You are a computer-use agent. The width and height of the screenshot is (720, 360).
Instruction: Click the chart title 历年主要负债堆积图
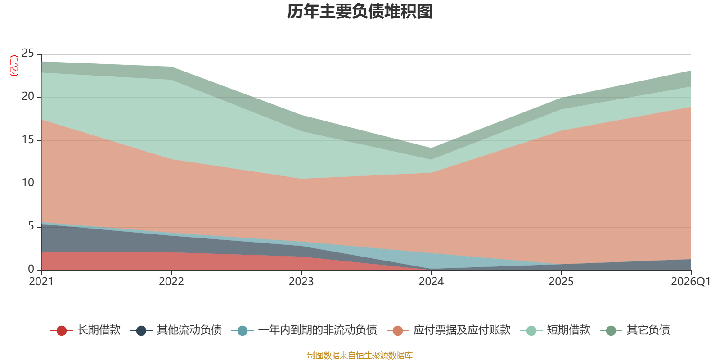coord(360,12)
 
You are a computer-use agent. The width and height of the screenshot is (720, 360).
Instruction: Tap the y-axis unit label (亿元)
coord(14,66)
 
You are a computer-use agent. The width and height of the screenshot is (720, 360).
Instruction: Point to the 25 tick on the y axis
coord(27,53)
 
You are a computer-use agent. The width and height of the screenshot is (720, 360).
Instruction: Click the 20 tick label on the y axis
coord(27,96)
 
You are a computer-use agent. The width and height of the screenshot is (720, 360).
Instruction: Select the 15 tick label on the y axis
coord(27,139)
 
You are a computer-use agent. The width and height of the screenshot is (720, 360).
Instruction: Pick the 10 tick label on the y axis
coord(27,183)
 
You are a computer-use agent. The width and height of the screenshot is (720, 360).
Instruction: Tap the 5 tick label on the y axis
coord(31,226)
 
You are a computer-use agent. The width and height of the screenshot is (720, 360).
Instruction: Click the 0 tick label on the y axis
coord(31,269)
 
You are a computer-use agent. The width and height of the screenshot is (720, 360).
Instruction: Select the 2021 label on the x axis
coord(41,282)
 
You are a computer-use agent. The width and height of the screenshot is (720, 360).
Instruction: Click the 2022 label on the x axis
coord(171,282)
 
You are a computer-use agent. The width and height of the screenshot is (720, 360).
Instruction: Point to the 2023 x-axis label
coord(301,282)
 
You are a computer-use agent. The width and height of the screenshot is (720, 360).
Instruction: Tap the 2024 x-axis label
coord(431,282)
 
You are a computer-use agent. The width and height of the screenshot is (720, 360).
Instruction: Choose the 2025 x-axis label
coord(561,282)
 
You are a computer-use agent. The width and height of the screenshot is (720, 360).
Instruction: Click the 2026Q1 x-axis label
coord(691,282)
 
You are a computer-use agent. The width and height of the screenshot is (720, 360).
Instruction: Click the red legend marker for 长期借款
coord(61,330)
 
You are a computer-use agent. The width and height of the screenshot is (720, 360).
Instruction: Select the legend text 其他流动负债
coord(189,330)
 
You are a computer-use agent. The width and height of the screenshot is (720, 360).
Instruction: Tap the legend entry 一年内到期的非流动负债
coord(304,330)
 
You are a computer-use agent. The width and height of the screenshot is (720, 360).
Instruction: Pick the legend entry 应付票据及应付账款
coord(449,330)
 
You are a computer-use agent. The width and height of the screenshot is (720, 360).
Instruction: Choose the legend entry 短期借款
coord(555,330)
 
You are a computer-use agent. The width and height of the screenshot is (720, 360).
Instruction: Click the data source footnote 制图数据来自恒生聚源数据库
coord(360,355)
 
